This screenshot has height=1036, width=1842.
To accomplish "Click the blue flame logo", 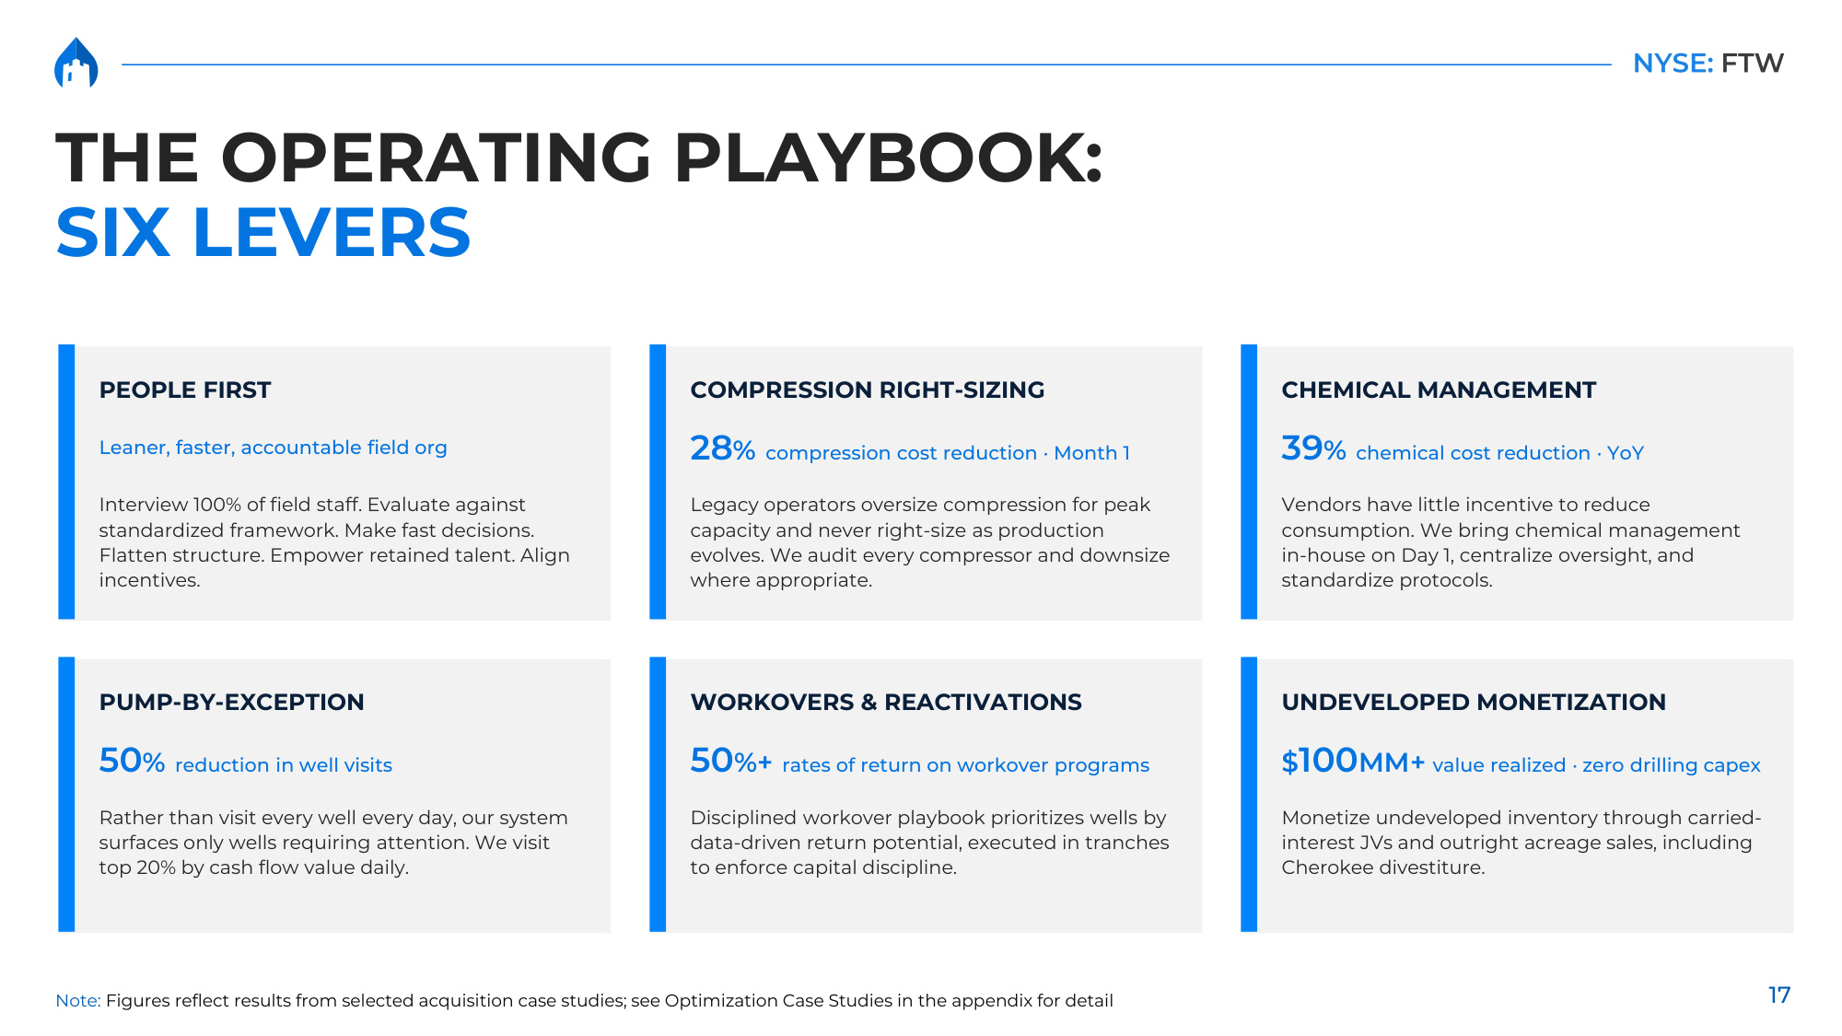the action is click(x=76, y=63).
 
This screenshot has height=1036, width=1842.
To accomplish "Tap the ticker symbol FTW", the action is click(x=1752, y=63).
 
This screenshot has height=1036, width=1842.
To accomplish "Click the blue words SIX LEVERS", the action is click(x=263, y=232).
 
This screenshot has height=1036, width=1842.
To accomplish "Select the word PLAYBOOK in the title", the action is click(x=888, y=157).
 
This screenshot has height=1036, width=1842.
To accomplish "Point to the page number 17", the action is click(x=1778, y=995).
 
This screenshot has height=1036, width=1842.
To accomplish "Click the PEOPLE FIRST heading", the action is click(x=185, y=390).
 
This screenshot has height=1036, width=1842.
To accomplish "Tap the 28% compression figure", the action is click(x=723, y=448).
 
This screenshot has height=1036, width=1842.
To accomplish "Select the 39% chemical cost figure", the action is click(x=1313, y=448).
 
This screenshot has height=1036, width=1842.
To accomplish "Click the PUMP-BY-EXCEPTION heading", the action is click(x=232, y=702).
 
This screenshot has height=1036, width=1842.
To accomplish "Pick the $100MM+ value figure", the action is click(x=1353, y=761).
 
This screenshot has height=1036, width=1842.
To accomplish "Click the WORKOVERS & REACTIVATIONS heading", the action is click(x=886, y=702).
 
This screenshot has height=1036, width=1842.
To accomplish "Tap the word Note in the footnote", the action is click(x=77, y=1001).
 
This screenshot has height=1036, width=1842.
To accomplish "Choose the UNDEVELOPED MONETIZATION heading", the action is click(x=1474, y=702).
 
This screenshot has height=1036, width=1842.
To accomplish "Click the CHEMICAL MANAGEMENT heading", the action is click(x=1439, y=390).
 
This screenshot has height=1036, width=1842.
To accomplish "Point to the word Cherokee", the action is click(x=1326, y=867).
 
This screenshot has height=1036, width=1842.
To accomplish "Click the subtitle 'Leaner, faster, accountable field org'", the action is click(x=274, y=448).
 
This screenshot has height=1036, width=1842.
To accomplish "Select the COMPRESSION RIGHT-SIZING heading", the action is click(x=868, y=390).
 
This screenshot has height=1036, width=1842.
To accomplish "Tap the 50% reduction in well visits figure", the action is click(x=132, y=761).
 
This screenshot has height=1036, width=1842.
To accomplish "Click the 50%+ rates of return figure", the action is click(x=731, y=761).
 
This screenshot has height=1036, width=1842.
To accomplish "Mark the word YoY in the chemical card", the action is click(x=1626, y=453).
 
